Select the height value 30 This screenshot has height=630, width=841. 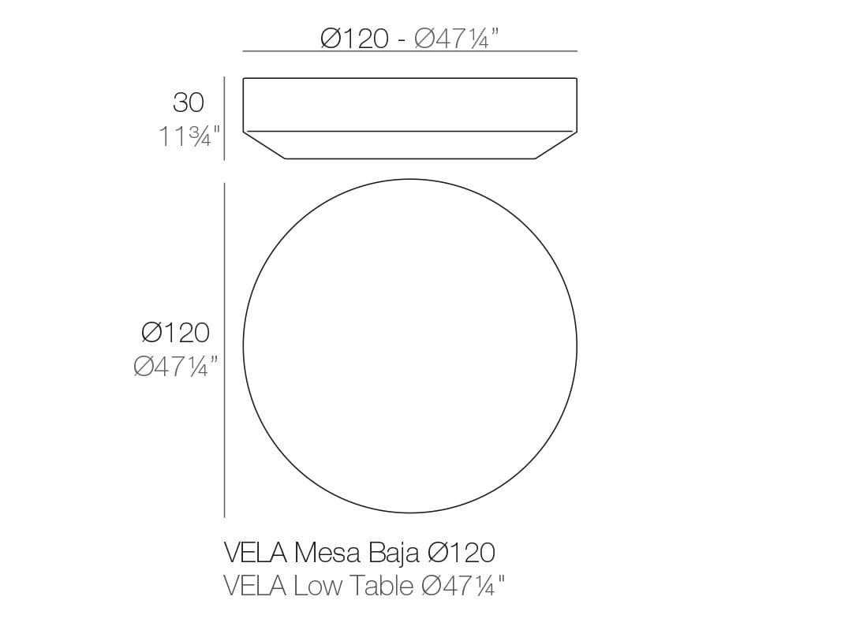[189, 103]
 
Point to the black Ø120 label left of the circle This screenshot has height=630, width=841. [176, 333]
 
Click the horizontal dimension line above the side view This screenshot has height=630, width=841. [409, 51]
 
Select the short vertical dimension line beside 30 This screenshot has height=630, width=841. [225, 118]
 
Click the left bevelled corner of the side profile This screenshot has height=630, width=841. [264, 145]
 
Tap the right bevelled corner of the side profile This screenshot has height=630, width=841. [556, 145]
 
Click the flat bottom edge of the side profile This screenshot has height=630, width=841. [409, 158]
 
